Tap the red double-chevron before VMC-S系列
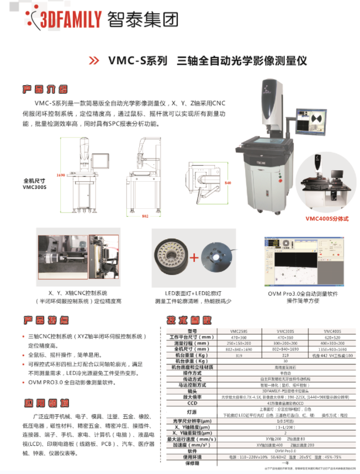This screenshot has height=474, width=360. pyautogui.click(x=94, y=60)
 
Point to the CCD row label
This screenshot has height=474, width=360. pyautogui.click(x=192, y=404)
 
